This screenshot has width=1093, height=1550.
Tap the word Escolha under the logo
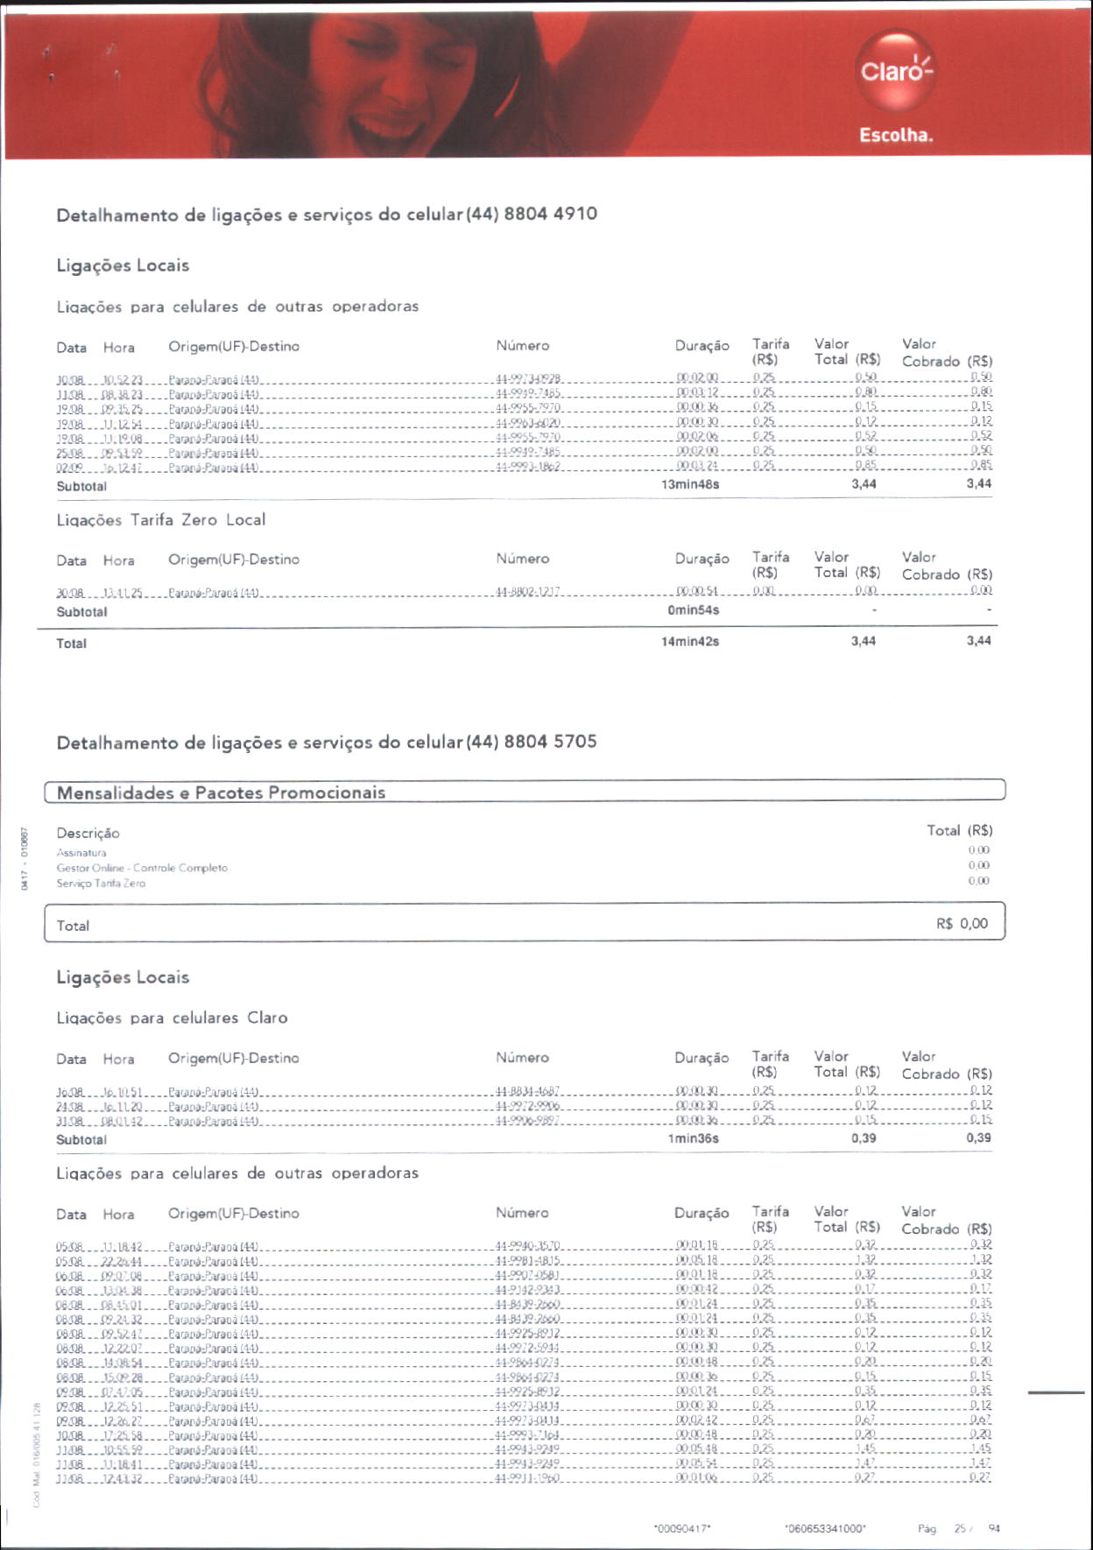pos(896,135)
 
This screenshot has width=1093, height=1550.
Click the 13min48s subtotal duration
pos(690,484)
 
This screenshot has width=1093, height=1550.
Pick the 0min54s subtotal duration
pos(693,610)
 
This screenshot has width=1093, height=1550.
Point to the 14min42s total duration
pos(690,641)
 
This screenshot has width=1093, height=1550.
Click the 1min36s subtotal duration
pos(693,1138)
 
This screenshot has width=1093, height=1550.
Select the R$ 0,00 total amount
pos(962,924)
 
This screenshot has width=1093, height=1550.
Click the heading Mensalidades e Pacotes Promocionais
pos(221,793)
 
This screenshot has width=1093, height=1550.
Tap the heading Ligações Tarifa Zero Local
pos(161,520)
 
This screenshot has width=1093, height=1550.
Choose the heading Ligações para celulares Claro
pos(172,1018)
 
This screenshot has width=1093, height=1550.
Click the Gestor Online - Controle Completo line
pos(142,868)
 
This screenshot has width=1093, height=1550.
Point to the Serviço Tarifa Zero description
pos(101,883)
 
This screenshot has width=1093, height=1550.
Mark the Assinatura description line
pos(81,853)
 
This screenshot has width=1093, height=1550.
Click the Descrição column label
pos(88,833)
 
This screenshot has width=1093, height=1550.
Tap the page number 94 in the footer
pos(994,1528)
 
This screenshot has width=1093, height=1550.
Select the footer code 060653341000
pos(825,1529)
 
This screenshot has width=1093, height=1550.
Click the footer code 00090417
pos(682,1529)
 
